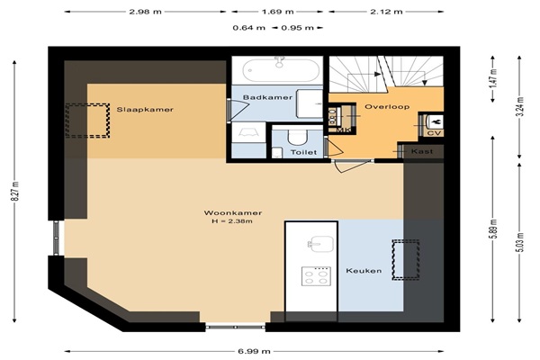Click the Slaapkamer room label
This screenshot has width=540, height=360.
(145, 110)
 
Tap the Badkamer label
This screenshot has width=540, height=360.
(267, 97)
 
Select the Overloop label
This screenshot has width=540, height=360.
(387, 106)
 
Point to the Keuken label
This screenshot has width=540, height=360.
(364, 271)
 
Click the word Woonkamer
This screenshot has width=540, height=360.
(233, 213)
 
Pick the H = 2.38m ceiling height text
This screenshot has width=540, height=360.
(232, 221)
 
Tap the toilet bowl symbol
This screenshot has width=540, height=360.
(297, 137)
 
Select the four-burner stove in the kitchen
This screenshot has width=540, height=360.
(316, 276)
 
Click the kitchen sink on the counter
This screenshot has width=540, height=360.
(320, 244)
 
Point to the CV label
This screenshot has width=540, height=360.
(434, 133)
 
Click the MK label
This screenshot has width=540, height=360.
(343, 130)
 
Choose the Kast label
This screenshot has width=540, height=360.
(422, 151)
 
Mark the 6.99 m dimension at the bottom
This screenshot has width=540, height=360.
(254, 351)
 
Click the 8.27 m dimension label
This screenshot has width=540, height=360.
(14, 191)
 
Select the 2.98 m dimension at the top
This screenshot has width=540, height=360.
(145, 12)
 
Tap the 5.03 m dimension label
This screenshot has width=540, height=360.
(519, 242)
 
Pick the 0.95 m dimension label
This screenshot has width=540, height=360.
(297, 28)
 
